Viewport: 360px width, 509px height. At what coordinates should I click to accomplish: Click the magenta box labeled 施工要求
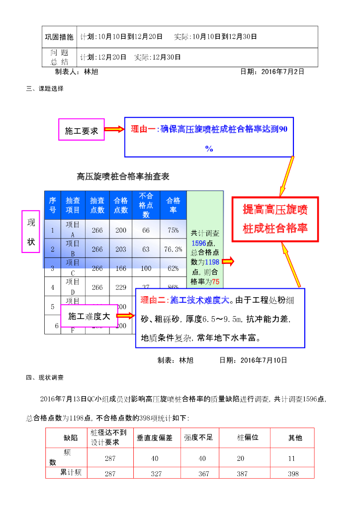[82, 131]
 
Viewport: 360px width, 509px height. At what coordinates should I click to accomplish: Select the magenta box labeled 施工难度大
[89, 316]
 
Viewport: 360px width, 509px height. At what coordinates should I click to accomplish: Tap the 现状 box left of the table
[31, 232]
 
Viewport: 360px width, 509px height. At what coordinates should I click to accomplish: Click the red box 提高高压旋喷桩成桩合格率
[275, 219]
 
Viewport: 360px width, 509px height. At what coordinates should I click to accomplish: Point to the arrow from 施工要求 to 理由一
[114, 130]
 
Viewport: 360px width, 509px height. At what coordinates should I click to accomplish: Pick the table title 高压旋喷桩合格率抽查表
[123, 176]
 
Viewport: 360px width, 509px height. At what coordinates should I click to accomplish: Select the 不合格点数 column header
[146, 205]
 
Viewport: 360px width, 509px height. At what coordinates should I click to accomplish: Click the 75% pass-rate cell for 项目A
[173, 230]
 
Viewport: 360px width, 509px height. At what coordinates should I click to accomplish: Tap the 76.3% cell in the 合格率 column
[173, 249]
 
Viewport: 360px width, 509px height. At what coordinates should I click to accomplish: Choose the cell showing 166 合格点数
[121, 268]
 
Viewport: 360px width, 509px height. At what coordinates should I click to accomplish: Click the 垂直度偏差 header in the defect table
[155, 438]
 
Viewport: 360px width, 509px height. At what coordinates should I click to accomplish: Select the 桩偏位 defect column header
[247, 437]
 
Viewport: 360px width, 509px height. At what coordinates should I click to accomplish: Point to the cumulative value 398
[293, 474]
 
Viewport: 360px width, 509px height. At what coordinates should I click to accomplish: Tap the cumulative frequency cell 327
[156, 474]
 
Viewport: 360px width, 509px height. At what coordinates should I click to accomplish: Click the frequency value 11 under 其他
[293, 458]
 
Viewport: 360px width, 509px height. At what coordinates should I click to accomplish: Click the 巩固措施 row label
[59, 37]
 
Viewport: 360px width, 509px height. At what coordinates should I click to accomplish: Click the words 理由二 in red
[153, 300]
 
